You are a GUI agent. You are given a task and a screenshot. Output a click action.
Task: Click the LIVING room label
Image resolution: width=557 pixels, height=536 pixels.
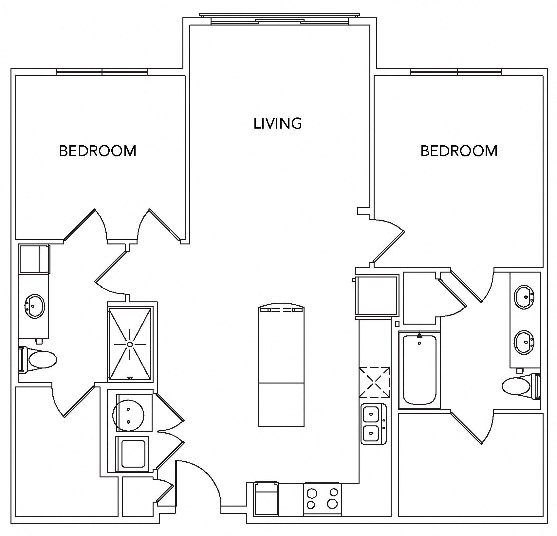pos(278,123)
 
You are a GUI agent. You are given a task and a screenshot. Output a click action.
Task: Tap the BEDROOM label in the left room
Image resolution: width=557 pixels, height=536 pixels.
pos(98,151)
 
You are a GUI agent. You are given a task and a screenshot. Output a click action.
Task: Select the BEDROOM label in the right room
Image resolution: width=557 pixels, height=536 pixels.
pos(459,151)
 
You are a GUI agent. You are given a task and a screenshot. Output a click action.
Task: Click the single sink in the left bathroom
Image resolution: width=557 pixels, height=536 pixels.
pos(34,306)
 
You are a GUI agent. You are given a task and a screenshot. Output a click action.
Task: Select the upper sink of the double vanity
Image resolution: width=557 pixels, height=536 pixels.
pos(524,297)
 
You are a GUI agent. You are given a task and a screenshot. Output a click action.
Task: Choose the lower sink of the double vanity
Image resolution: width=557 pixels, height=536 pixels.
pos(524,342)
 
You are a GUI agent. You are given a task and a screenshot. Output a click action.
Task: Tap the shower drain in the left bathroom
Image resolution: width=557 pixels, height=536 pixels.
pos(130,344)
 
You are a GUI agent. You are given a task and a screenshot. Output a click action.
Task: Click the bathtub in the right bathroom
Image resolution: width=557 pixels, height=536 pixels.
pos(419,370)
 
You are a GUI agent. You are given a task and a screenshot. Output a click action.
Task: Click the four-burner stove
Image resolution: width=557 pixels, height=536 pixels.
pos(322,498)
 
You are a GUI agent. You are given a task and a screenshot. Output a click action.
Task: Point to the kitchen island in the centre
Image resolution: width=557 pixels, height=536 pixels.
pos(281,366)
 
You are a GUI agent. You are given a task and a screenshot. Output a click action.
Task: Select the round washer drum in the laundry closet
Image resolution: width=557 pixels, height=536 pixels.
pos(128,415)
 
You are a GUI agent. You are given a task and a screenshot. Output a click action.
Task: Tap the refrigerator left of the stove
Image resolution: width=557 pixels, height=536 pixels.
pos(266,498)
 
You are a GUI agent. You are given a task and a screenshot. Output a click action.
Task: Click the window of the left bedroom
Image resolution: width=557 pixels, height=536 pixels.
pos(102,72)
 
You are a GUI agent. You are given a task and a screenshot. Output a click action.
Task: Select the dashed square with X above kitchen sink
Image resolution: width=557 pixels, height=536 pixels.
pos(375,382)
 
